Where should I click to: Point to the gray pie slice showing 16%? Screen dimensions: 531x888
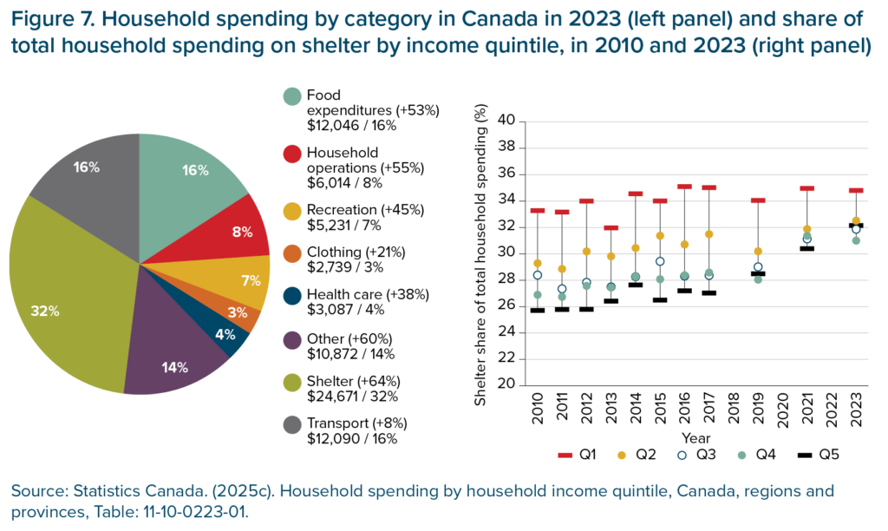87,174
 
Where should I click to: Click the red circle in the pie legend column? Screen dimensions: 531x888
292,154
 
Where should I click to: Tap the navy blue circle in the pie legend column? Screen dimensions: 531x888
292,296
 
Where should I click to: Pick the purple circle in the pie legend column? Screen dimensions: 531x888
292,340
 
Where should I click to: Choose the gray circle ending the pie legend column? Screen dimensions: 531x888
292,424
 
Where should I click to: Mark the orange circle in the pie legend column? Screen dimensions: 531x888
292,253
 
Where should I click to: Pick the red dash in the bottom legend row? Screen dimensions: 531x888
565,455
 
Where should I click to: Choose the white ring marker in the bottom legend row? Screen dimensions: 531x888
682,455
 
